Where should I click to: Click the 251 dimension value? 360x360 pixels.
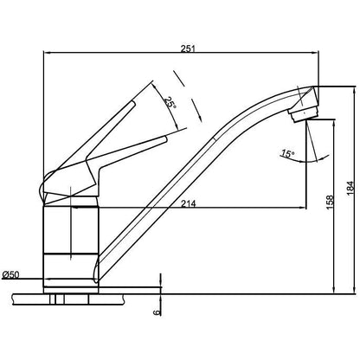point(188,48)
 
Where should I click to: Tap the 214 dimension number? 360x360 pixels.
point(189,203)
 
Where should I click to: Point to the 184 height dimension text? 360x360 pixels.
point(350,188)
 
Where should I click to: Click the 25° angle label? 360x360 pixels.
point(170,103)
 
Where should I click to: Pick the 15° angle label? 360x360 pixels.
point(288,154)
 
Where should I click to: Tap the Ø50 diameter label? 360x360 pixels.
point(10,274)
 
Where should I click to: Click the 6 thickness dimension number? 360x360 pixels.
point(157,312)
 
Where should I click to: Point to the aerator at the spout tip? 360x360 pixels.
point(304,113)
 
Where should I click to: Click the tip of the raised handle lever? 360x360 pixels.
point(133,102)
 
